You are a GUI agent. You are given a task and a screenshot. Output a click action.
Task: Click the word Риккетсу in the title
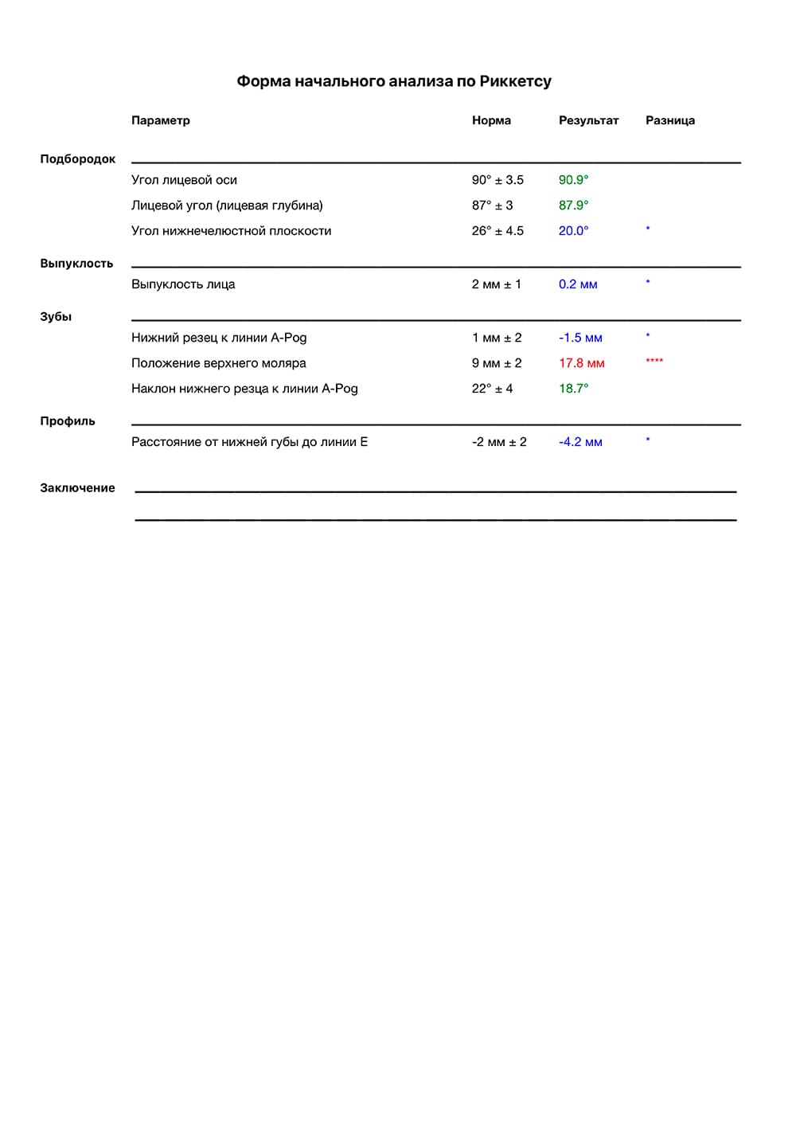pos(516,81)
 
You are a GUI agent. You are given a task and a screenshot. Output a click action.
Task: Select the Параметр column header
pos(161,120)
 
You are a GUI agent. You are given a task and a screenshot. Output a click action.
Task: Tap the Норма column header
pos(491,120)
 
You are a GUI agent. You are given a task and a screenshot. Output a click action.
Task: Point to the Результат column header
pos(588,120)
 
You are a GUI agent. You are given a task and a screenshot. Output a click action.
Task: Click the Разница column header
pos(670,120)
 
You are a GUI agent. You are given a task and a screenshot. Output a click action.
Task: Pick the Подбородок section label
pos(78,159)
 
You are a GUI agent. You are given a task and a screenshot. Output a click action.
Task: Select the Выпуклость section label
pos(76,264)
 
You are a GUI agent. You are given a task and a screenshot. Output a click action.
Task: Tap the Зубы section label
pos(56,317)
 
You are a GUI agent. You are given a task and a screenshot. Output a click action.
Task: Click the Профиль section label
pos(68,421)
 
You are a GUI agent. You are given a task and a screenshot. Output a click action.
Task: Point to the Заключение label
pos(77,488)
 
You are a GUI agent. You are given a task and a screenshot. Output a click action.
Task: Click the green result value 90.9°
pos(574,180)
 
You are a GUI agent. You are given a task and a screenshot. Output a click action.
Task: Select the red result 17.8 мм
pos(582,363)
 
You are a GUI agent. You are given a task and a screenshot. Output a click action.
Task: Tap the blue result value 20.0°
pos(574,231)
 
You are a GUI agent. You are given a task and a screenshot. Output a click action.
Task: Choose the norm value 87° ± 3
pos(492,205)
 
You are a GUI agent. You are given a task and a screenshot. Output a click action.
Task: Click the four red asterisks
pos(654,362)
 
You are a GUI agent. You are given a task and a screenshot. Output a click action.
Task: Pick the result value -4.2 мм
pos(580,442)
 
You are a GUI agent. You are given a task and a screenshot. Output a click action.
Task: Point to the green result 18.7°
pos(574,389)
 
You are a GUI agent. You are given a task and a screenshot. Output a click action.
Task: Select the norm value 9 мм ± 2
pos(497,363)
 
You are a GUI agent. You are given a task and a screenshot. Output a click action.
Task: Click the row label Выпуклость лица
pos(183,284)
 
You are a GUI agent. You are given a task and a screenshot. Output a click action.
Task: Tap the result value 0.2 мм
pos(578,284)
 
